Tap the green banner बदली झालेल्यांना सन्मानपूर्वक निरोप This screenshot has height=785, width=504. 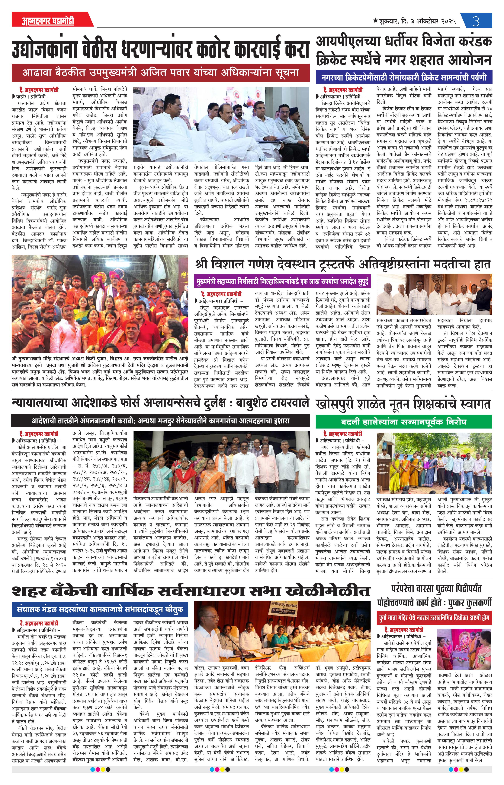point(403,422)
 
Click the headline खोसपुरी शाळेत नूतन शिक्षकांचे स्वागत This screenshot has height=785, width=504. point(403,404)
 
